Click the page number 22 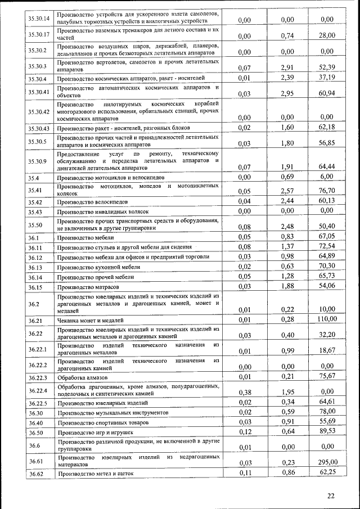331,495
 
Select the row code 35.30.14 39,18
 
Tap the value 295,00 327,462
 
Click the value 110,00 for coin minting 327,319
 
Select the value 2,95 287,93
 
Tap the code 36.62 36,474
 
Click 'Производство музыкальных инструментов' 112,413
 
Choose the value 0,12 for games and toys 244,431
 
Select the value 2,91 287,67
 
